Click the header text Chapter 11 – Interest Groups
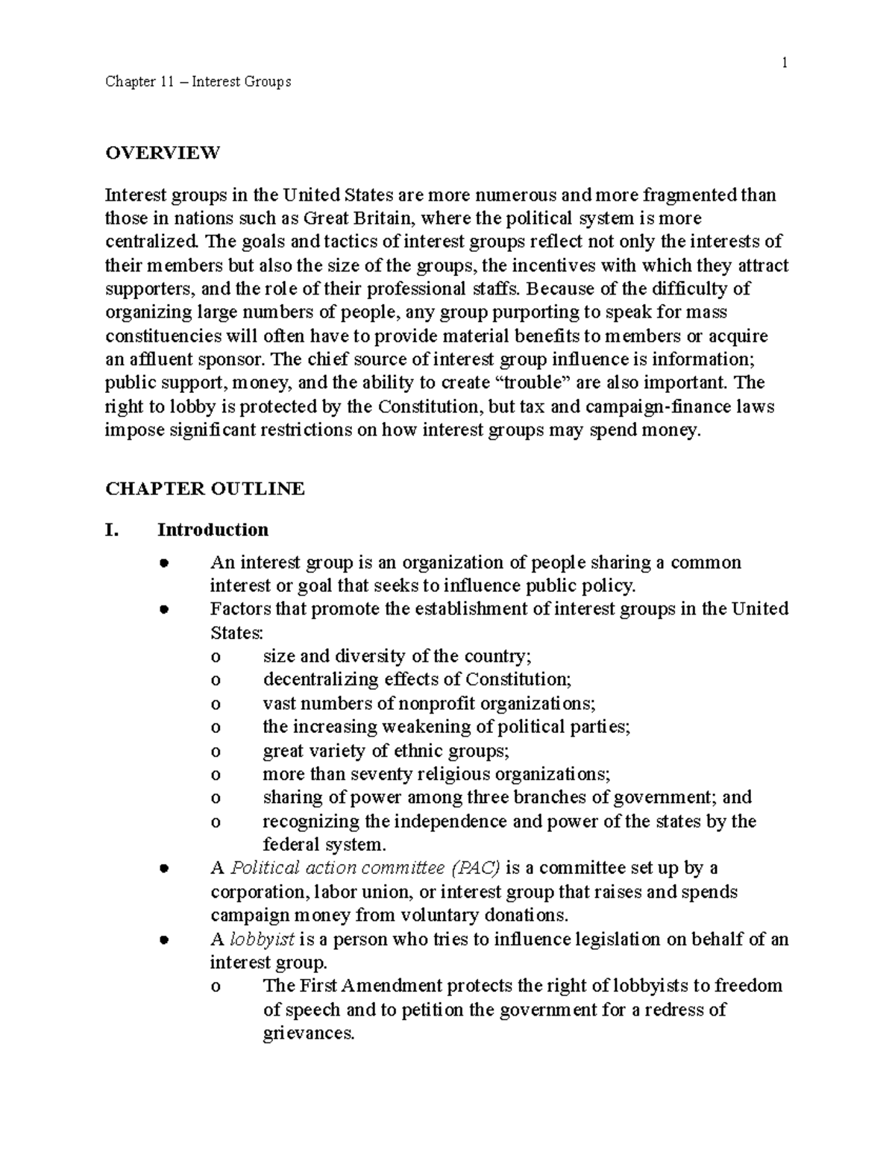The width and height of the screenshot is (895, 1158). (198, 81)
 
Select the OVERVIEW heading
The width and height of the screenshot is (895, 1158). (163, 153)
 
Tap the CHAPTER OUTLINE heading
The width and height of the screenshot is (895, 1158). (205, 488)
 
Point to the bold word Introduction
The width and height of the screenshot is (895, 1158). (213, 530)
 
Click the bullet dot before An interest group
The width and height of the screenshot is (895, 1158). (163, 563)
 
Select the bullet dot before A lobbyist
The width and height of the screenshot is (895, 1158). (163, 940)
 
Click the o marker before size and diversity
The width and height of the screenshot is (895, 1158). (216, 657)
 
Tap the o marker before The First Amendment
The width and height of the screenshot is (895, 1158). (216, 986)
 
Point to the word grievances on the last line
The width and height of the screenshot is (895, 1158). (307, 1033)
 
